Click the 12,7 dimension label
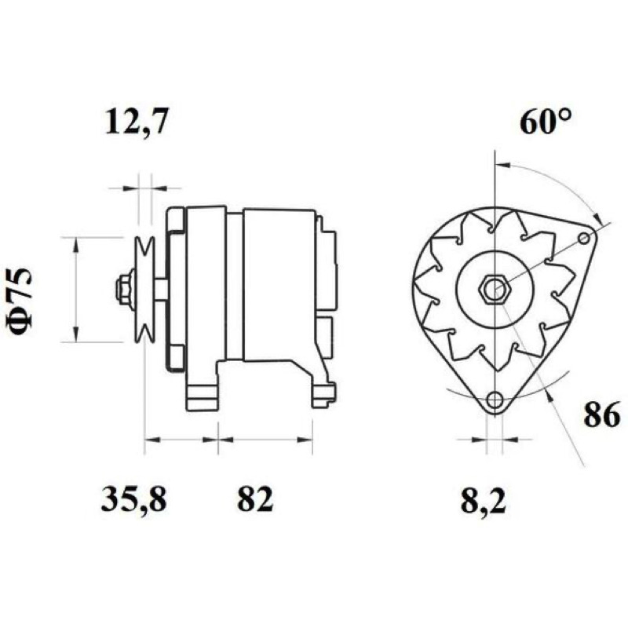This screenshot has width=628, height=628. coord(135,120)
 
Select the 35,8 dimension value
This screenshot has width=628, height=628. coord(133,499)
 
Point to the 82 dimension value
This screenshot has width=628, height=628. coord(255,498)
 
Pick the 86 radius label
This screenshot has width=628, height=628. coord(601,414)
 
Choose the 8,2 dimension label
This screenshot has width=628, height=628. coord(484,501)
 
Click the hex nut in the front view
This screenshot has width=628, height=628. coord(495,288)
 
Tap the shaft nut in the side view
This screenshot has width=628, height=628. coord(124,289)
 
